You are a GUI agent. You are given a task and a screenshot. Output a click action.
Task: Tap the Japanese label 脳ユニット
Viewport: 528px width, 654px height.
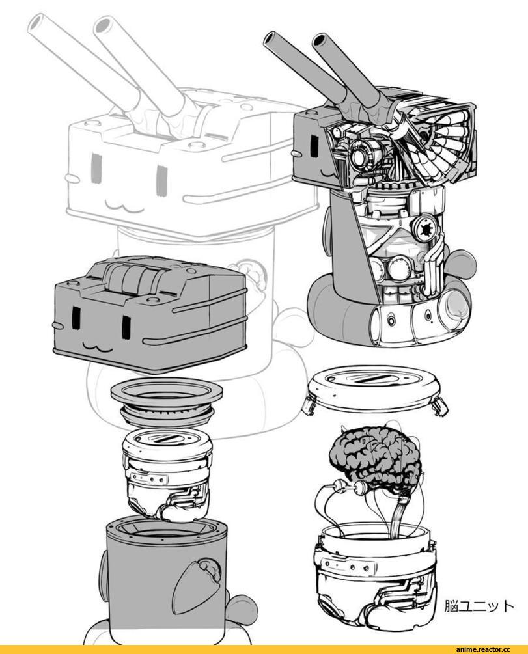[479, 606]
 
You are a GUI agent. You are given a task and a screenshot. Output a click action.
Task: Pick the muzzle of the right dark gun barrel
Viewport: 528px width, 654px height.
[320, 41]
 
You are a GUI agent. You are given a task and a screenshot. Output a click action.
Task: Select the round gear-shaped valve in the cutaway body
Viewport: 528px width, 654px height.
[426, 228]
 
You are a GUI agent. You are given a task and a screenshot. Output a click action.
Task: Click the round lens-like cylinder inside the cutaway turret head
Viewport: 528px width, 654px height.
[363, 154]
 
